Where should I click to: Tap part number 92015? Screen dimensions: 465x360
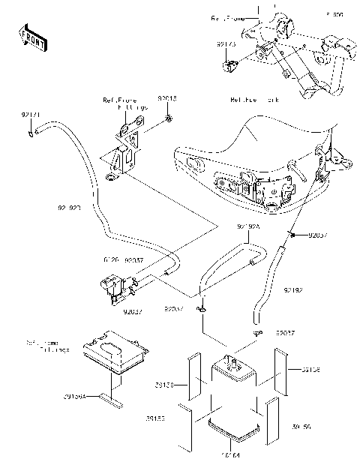[x=167, y=97]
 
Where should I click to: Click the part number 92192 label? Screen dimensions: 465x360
[x=293, y=288]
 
